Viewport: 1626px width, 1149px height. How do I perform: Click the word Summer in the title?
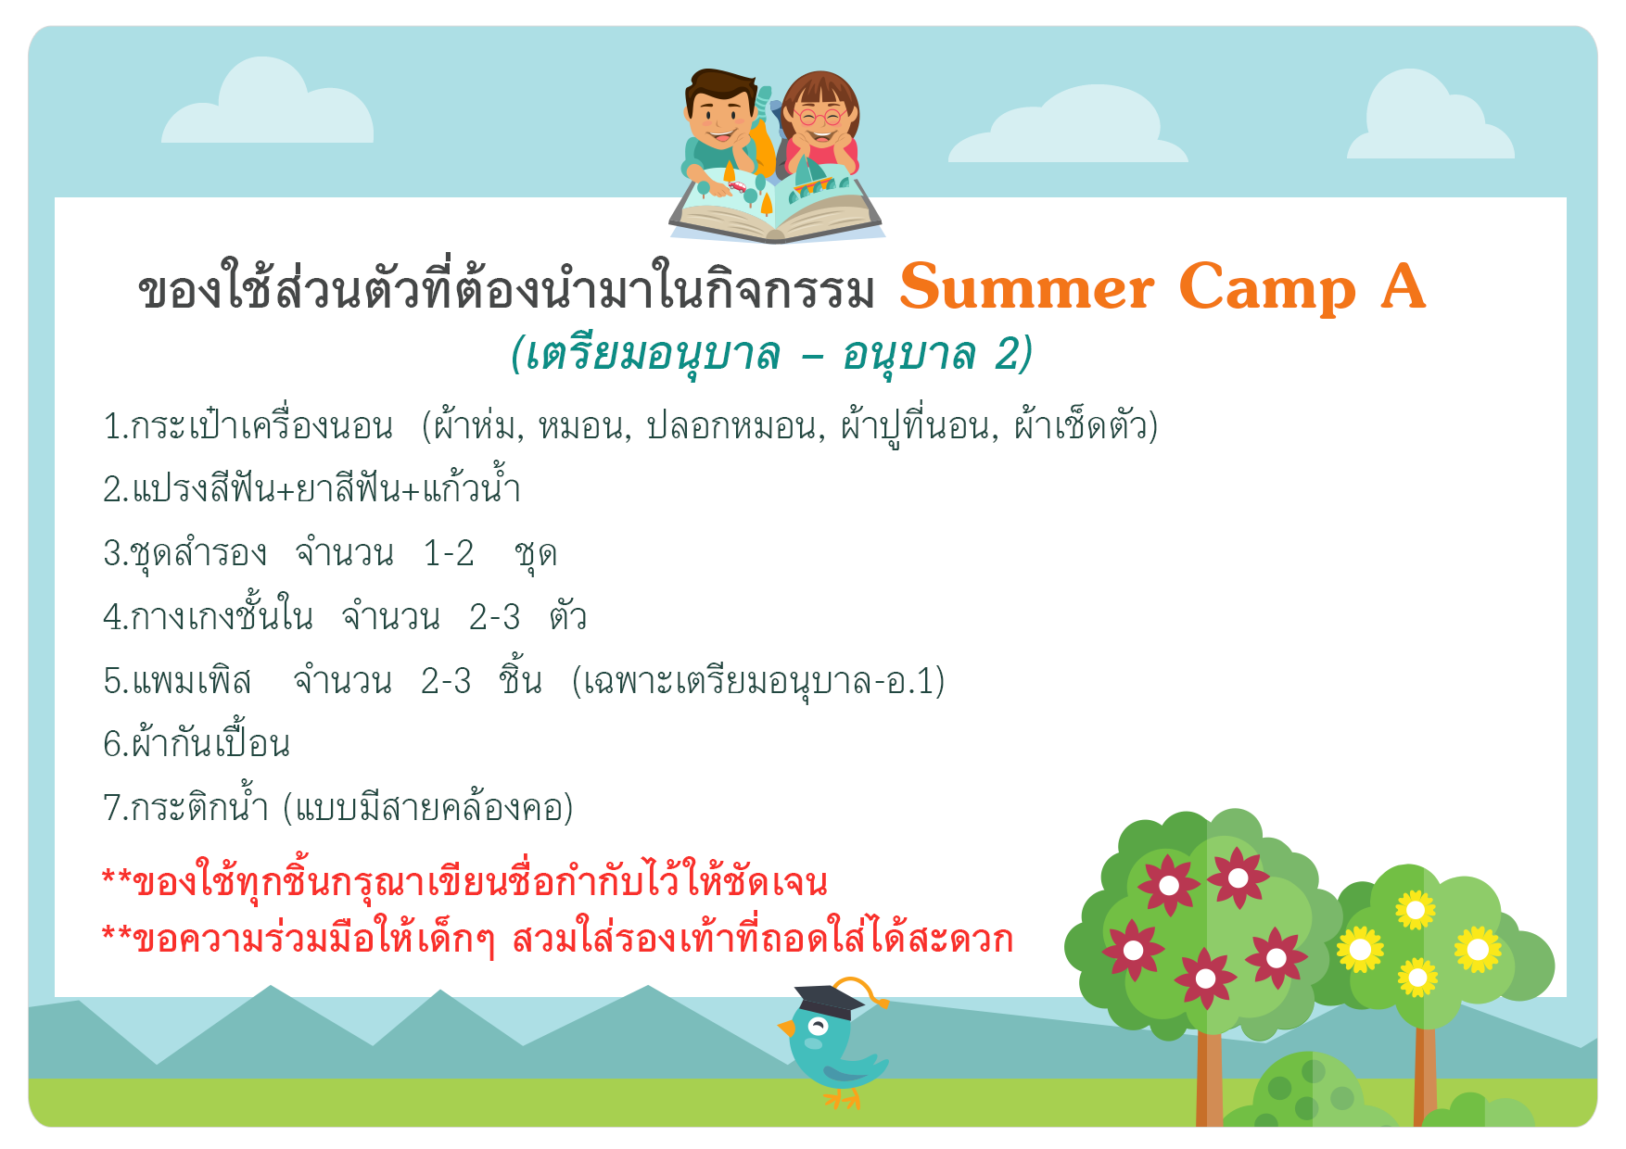[1026, 287]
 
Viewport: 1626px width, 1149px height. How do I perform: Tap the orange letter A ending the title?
[1403, 286]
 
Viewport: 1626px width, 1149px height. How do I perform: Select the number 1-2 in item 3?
[449, 553]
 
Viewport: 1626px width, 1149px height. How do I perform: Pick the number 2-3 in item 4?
[494, 616]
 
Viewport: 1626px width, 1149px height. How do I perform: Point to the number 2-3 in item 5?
[446, 681]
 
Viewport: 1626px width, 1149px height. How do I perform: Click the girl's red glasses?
[819, 118]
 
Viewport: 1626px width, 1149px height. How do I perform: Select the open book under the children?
[777, 208]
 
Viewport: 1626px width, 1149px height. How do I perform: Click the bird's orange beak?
[786, 1028]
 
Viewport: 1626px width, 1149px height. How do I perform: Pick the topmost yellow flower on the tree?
[1416, 910]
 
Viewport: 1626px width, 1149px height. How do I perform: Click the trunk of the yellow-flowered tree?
[1425, 1076]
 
